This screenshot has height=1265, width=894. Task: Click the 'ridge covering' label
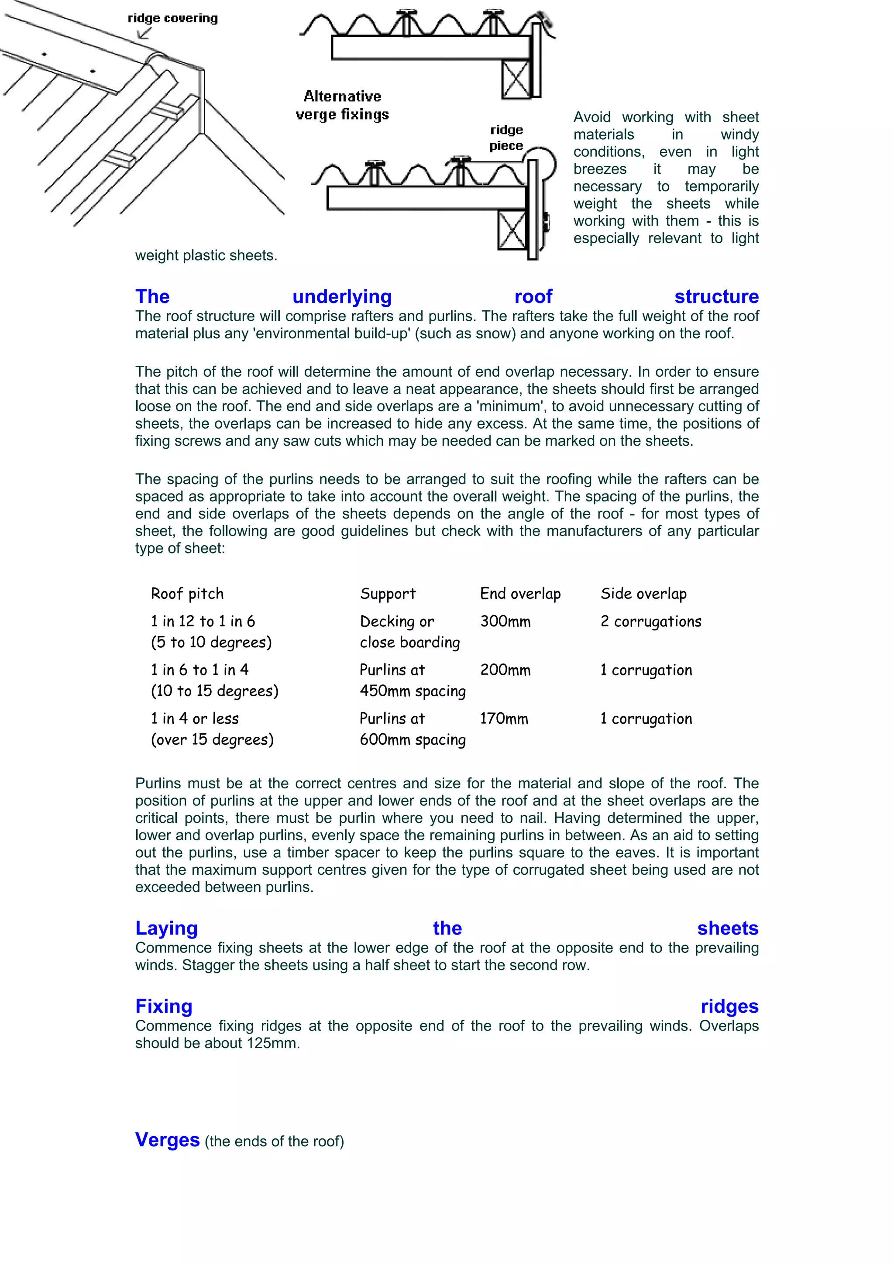[172, 18]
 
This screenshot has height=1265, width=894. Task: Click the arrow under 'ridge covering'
[144, 34]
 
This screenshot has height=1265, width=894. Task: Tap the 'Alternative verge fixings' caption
[342, 105]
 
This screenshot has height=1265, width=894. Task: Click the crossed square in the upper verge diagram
[516, 80]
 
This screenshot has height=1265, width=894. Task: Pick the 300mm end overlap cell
[505, 622]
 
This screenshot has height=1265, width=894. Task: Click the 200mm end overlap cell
[505, 670]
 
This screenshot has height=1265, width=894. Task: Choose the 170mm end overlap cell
[504, 718]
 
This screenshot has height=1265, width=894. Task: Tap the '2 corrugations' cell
[650, 622]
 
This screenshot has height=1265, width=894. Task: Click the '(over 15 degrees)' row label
[212, 739]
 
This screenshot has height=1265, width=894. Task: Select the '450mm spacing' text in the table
[413, 691]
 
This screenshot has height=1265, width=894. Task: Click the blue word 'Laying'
[166, 928]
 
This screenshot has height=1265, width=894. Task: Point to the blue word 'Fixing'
[164, 1006]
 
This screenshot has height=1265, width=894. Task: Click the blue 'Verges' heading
[168, 1139]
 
